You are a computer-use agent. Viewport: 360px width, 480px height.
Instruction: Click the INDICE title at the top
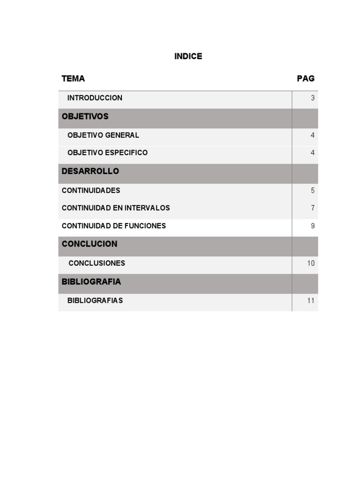188,56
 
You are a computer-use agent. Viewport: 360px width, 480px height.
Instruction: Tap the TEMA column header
73,78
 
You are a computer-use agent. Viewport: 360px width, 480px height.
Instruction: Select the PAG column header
306,78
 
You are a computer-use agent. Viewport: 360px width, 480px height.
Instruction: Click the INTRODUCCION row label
95,98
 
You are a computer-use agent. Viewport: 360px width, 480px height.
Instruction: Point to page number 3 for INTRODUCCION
313,98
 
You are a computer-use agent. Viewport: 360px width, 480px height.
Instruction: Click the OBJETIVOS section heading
85,116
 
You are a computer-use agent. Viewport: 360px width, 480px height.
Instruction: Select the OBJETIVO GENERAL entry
103,135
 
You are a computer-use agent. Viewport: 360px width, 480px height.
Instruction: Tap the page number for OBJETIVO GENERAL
313,135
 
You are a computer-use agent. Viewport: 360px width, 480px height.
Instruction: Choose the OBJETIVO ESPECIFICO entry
107,153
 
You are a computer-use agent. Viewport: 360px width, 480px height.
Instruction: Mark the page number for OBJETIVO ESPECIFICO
313,153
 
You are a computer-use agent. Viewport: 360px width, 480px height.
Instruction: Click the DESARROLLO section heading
90,171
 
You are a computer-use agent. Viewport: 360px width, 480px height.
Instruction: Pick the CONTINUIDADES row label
91,190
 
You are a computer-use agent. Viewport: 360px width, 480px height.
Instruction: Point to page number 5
313,191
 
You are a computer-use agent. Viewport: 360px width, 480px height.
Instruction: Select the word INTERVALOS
147,208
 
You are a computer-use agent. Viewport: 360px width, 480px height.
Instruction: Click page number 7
313,208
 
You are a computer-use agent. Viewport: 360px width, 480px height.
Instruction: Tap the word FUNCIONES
145,225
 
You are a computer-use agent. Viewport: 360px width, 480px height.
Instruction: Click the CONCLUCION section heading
90,244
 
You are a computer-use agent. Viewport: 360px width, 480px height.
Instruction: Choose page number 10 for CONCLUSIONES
311,263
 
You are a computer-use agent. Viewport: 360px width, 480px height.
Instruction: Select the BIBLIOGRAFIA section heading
91,282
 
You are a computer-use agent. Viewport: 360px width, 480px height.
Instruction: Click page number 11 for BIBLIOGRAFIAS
311,300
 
